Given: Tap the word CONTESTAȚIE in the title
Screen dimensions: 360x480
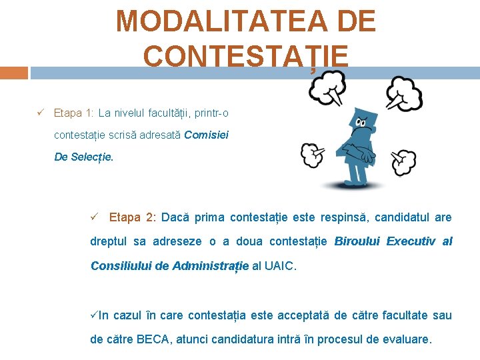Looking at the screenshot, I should coord(245,57).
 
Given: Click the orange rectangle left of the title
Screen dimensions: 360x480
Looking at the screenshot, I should coord(14,73).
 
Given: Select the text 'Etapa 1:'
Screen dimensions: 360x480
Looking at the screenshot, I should coord(73,113).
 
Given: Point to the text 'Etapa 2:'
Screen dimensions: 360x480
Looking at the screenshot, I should coord(133,217).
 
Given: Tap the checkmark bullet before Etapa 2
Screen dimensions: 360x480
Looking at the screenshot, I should coord(95,217).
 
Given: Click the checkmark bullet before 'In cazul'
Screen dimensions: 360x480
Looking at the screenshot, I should coord(94,315).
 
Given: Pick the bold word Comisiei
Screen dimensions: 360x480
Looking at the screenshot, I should coord(207,135).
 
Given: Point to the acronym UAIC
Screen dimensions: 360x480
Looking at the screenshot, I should coord(278,266).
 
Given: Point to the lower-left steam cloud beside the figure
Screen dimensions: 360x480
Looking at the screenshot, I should coord(313,155).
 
